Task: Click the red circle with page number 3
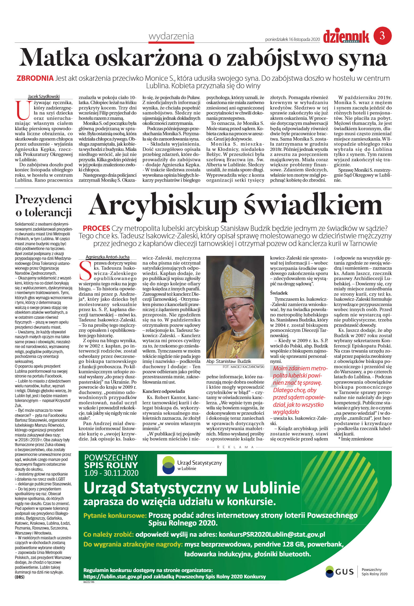click(382, 36)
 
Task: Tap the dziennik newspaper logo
click(346, 36)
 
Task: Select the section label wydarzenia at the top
click(171, 36)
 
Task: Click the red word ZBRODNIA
click(35, 78)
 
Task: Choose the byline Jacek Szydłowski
click(44, 96)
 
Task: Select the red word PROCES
click(96, 228)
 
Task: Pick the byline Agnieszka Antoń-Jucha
click(107, 257)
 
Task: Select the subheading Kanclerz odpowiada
click(160, 391)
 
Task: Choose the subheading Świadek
click(279, 293)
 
